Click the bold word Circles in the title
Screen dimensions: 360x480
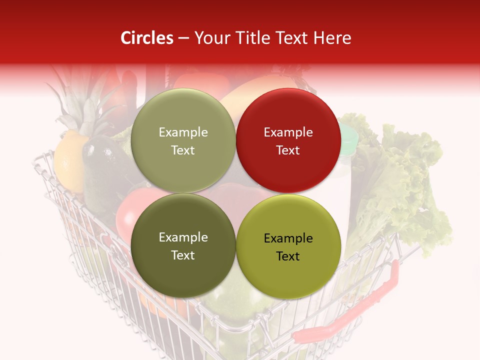[147, 38]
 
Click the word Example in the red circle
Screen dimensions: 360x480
[288, 132]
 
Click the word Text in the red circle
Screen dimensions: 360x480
[288, 150]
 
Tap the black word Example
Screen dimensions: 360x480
[288, 238]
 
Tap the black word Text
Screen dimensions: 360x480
[288, 256]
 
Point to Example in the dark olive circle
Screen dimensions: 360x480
[183, 237]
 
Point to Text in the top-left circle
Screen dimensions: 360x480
[183, 150]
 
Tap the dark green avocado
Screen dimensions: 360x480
[102, 165]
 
